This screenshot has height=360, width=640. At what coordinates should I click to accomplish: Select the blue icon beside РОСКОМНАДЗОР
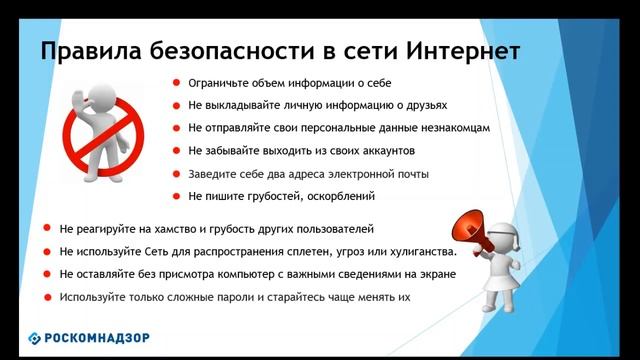coord(35,338)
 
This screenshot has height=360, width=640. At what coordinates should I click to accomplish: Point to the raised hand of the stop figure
coord(91,101)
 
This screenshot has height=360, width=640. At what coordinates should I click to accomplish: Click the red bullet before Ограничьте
coord(175,83)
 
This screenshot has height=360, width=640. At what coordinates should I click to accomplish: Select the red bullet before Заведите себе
coord(175,174)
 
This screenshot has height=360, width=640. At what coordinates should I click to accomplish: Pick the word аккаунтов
coord(381,151)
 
